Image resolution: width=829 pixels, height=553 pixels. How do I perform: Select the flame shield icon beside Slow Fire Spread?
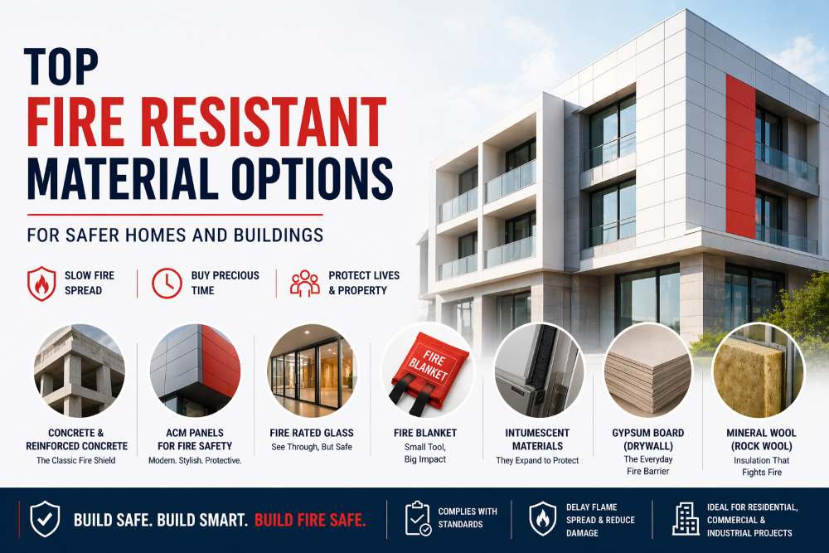click(41, 283)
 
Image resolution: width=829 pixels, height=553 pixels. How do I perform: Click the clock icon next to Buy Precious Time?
click(167, 283)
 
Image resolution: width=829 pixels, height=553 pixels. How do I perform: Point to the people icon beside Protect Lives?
click(304, 283)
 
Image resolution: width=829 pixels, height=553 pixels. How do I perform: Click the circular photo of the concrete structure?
click(80, 370)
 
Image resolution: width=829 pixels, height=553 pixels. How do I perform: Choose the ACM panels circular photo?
click(196, 370)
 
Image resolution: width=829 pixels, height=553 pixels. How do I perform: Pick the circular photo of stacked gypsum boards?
click(647, 370)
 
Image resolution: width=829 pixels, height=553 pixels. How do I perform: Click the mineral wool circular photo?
click(758, 370)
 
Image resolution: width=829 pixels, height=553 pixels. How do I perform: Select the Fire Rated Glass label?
click(312, 433)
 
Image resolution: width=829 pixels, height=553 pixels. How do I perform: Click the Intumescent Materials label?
click(537, 439)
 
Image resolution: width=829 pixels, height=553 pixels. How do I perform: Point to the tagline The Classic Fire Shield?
click(76, 461)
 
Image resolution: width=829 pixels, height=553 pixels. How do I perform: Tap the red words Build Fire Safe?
click(310, 521)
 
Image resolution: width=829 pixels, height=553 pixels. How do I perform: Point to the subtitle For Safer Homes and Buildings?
click(175, 235)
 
